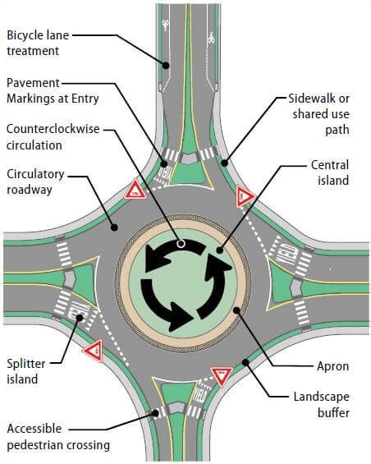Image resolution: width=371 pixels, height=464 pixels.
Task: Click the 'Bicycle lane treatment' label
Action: pos(38,43)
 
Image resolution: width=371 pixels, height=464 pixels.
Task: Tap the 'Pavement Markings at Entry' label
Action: pos(53,91)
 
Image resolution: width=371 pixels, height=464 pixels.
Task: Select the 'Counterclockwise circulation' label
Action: pos(53,137)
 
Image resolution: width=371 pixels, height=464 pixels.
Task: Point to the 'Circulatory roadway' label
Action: pos(35,182)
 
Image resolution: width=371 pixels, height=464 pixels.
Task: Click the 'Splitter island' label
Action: pos(26,371)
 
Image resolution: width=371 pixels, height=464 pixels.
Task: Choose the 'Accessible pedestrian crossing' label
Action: pos(58,436)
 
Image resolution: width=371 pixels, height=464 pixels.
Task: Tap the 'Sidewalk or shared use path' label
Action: pos(318,114)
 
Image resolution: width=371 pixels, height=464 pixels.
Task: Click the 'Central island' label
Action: pos(330,172)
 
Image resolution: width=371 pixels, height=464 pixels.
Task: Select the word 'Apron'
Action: pos(333,366)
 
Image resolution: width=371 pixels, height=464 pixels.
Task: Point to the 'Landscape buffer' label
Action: pos(321,404)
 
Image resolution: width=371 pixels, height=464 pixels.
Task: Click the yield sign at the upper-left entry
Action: pos(135,190)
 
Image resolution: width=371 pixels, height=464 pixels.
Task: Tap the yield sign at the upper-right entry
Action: pos(245,196)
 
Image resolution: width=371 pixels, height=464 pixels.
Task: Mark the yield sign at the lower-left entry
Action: pos(94,351)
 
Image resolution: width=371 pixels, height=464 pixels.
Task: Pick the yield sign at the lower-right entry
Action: pos(222,376)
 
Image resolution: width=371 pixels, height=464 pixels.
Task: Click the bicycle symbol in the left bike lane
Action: pos(166,25)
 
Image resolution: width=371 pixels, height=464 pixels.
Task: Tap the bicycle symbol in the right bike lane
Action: pos(211,38)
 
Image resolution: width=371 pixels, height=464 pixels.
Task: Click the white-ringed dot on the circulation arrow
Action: pos(181,244)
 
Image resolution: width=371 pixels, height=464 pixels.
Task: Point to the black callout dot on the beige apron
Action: pos(236,310)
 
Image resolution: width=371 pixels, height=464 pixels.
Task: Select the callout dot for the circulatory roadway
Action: pos(114,227)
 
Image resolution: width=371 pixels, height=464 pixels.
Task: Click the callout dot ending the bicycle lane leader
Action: pos(167,66)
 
